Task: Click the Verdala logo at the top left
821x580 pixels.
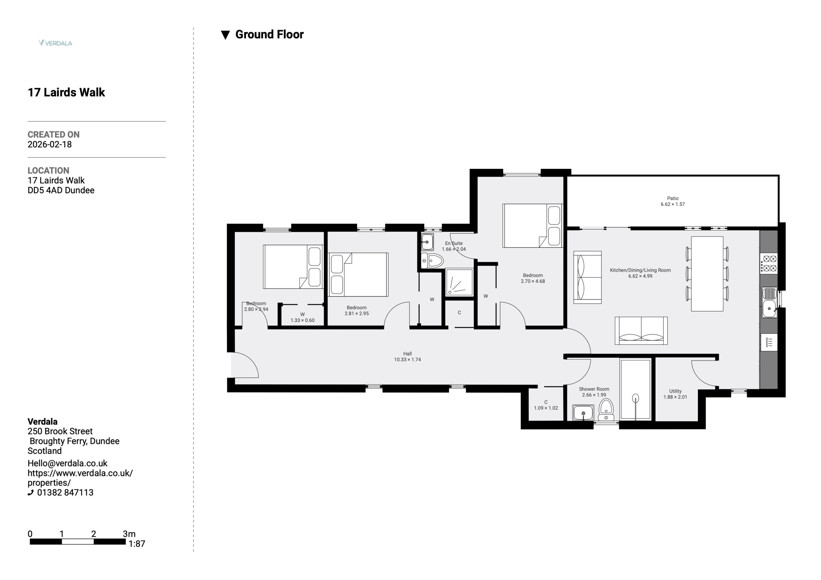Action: pyautogui.click(x=55, y=43)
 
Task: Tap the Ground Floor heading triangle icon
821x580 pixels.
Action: pyautogui.click(x=225, y=35)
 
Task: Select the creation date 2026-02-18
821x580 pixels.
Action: pyautogui.click(x=50, y=145)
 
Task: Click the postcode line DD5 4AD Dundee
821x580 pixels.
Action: pyautogui.click(x=61, y=190)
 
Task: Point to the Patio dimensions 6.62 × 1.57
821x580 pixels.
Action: pyautogui.click(x=673, y=204)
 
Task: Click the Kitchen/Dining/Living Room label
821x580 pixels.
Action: pyautogui.click(x=640, y=270)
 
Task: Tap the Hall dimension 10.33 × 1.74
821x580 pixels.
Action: pyautogui.click(x=407, y=359)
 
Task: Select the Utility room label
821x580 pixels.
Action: pyautogui.click(x=675, y=391)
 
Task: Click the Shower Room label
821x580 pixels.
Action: pyautogui.click(x=594, y=389)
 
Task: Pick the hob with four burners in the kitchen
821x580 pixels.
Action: pyautogui.click(x=769, y=263)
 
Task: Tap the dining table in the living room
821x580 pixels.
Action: pyautogui.click(x=707, y=273)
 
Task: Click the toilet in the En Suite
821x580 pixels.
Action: pyautogui.click(x=432, y=261)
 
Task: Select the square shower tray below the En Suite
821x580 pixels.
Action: pyautogui.click(x=460, y=282)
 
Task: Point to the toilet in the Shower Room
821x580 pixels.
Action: pyautogui.click(x=606, y=410)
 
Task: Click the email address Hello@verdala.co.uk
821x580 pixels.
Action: pyautogui.click(x=67, y=463)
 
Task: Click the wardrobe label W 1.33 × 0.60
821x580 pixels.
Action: pyautogui.click(x=302, y=317)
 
